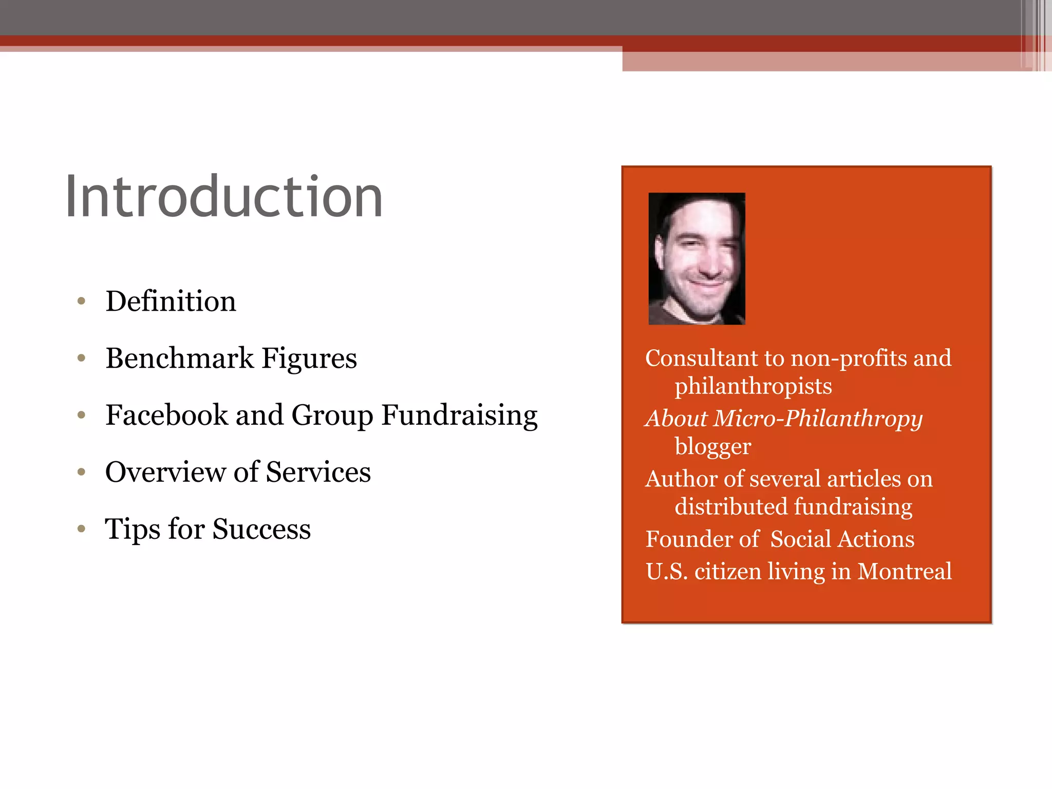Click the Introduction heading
(224, 197)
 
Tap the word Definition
(171, 301)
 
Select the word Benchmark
(179, 358)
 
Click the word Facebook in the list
(166, 415)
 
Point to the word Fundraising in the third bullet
(459, 416)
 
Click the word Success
(261, 529)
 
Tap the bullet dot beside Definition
(81, 302)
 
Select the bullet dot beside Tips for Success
(81, 529)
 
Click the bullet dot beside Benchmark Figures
(81, 358)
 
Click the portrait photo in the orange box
(697, 258)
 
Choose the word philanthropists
(753, 386)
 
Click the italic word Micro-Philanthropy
(818, 419)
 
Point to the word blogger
(712, 446)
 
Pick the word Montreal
(905, 571)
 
